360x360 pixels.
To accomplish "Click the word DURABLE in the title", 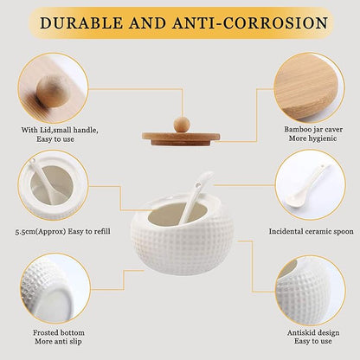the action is (x=81, y=22).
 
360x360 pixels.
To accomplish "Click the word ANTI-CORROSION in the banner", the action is (x=250, y=22).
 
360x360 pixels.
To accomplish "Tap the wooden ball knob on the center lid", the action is (x=182, y=125).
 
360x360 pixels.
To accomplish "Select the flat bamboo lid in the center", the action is (x=181, y=138).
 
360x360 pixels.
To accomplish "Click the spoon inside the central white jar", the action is (x=196, y=197).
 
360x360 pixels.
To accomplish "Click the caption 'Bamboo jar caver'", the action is (x=313, y=129).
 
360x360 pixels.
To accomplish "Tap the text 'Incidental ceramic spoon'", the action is (x=311, y=231).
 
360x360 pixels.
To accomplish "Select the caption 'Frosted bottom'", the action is (x=59, y=332).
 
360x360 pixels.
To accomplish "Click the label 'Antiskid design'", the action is (x=313, y=332).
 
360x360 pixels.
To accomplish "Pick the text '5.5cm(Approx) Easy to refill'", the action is (x=62, y=231).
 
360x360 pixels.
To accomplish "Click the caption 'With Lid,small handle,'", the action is (x=60, y=130).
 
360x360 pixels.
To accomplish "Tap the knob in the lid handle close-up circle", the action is (x=54, y=92).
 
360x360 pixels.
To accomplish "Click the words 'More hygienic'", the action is (x=313, y=138).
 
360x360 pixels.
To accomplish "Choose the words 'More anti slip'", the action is (x=58, y=342).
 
